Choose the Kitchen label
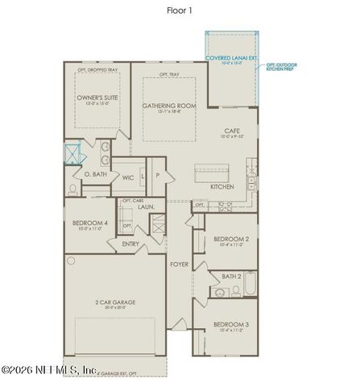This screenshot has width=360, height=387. point(222,186)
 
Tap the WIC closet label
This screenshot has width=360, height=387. point(128,177)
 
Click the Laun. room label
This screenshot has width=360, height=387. point(146,207)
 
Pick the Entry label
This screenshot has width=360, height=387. point(130,243)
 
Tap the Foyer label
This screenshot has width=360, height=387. point(179,264)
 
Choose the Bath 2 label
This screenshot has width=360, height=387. point(231,277)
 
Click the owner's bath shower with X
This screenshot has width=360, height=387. point(74,152)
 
